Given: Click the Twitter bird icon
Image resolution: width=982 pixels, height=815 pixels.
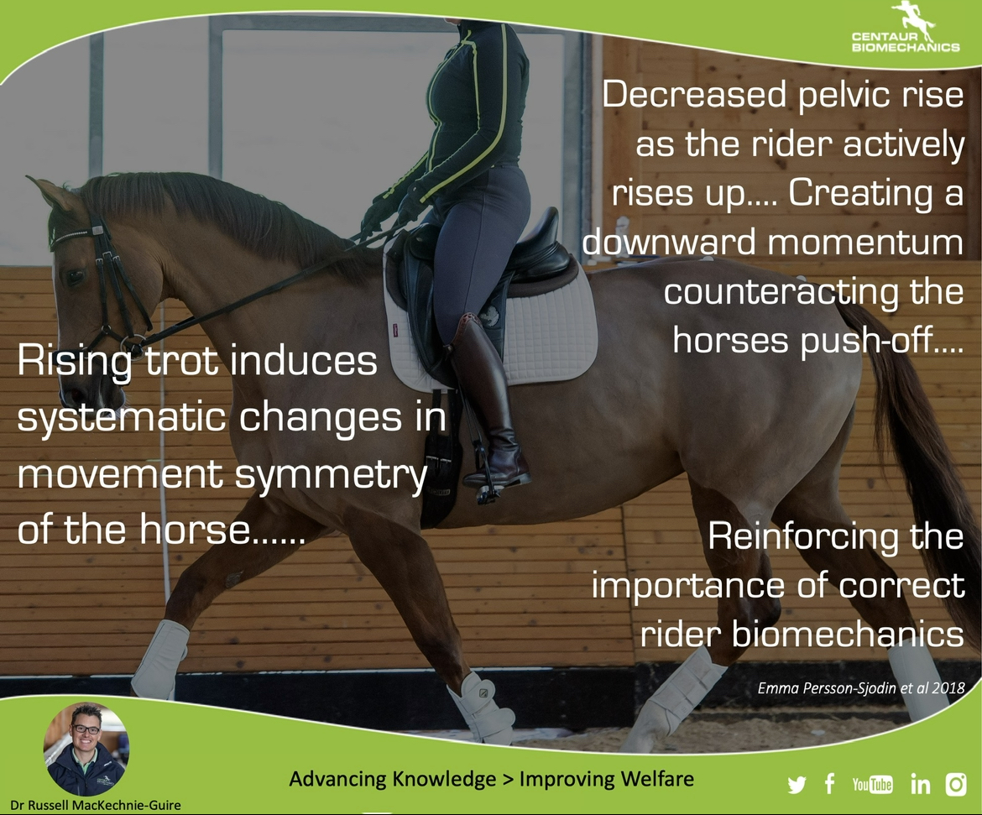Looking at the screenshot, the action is [797, 785].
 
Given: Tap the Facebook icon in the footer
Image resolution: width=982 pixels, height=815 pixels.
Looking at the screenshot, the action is [830, 784].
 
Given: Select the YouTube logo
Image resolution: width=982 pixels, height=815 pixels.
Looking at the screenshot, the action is [872, 784].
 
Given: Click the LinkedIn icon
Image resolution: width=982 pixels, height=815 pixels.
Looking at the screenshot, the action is [920, 784].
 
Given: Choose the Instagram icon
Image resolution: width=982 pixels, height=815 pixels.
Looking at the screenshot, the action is [956, 784].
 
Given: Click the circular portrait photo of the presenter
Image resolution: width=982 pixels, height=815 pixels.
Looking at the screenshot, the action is [86, 750].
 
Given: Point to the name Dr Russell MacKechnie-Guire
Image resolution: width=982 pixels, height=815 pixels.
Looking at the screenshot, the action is [96, 805].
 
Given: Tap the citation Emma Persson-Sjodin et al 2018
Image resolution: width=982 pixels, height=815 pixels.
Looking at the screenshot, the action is [861, 687].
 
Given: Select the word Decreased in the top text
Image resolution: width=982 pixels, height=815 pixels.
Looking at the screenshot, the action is [694, 95].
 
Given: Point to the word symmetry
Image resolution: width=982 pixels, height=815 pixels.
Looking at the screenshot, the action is [332, 475].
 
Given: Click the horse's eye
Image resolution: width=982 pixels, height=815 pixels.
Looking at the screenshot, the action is [76, 276].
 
